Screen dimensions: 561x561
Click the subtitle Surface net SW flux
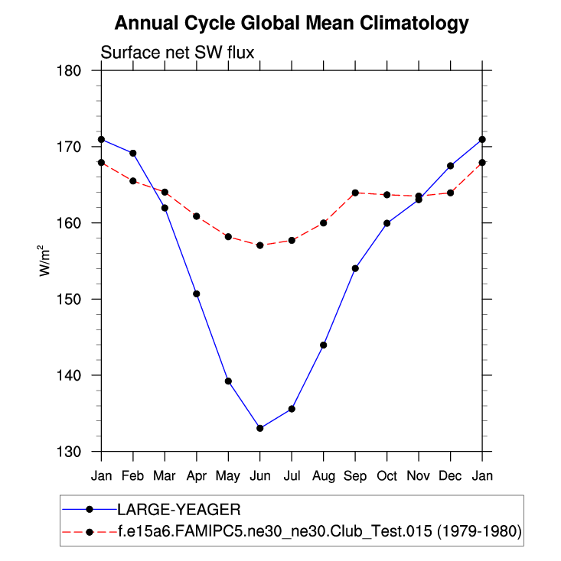tap(178, 53)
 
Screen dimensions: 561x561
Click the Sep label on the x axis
tap(355, 475)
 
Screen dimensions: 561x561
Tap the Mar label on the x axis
tap(165, 475)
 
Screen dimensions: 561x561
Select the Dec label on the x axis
tap(450, 475)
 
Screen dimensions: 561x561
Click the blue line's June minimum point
tap(260, 428)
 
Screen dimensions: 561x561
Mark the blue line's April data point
tap(197, 293)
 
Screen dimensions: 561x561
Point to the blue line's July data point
tap(292, 409)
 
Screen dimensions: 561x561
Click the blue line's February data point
tap(133, 153)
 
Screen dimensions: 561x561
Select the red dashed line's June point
tap(260, 245)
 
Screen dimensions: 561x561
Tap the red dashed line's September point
tap(355, 193)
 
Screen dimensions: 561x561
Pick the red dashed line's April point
tap(197, 216)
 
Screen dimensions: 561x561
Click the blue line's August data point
tap(324, 345)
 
